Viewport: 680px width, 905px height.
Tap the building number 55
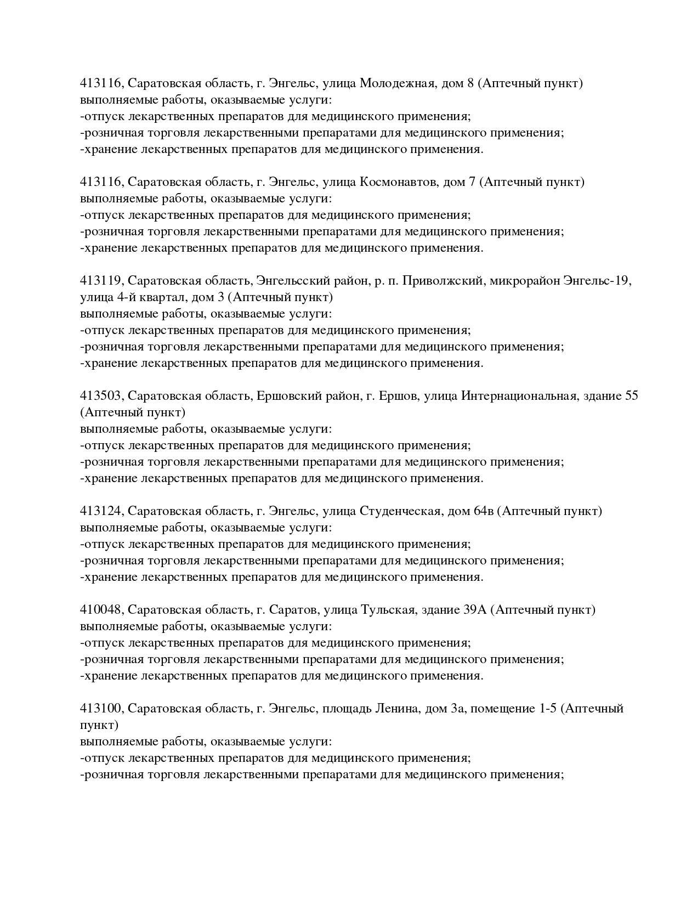(631, 396)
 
